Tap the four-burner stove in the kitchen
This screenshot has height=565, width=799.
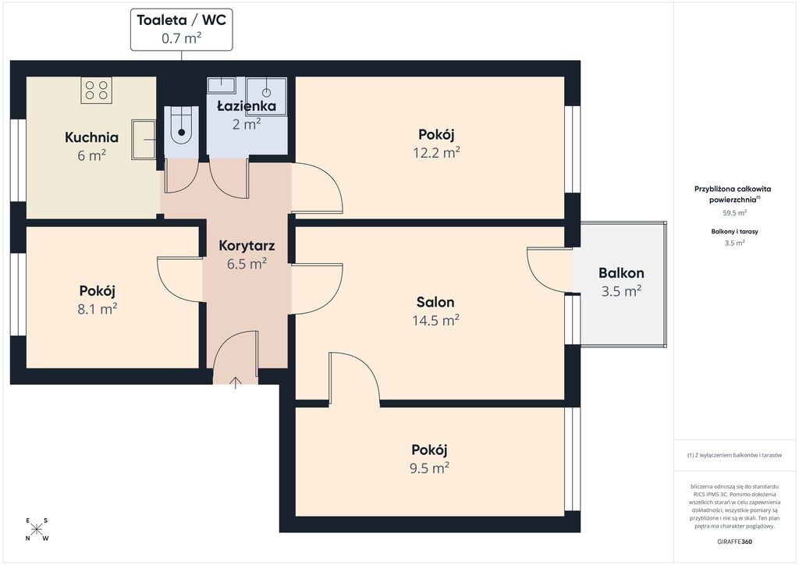coord(96,91)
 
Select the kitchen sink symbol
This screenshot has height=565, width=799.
coord(144,139)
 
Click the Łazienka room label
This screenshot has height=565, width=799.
coord(247,106)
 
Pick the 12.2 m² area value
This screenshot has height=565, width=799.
coord(437,152)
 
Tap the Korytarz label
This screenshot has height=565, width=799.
coord(247,246)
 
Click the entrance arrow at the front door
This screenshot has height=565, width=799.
coord(235,383)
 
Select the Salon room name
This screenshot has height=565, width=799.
coord(435,302)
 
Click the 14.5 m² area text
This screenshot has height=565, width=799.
coord(435,321)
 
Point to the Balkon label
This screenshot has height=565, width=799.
coord(621,273)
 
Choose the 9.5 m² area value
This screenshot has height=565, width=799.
coord(430,468)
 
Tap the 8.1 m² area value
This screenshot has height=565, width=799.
coord(98,309)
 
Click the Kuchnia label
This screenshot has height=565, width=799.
coord(92,137)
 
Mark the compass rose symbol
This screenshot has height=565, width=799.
coord(36,529)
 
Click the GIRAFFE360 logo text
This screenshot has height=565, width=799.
coord(734,542)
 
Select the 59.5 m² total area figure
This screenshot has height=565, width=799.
coord(735,213)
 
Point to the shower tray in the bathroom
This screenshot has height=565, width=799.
coord(266,96)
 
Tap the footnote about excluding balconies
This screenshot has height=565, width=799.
coord(734,455)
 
